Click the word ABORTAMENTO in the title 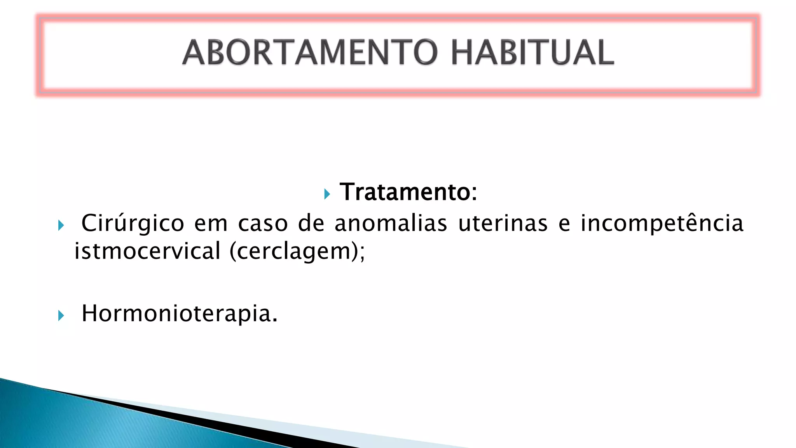coord(310,52)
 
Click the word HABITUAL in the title coord(532,52)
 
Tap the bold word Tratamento coord(405,192)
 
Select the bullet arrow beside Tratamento coord(327,194)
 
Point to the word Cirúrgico coord(133,224)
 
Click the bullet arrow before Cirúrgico coord(61,225)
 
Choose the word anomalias coord(391,224)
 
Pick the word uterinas coord(503,224)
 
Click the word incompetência coord(662,224)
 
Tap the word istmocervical coord(147,251)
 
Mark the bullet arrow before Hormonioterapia coord(61,315)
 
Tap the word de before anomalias coord(311,224)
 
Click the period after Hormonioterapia coord(275,320)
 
